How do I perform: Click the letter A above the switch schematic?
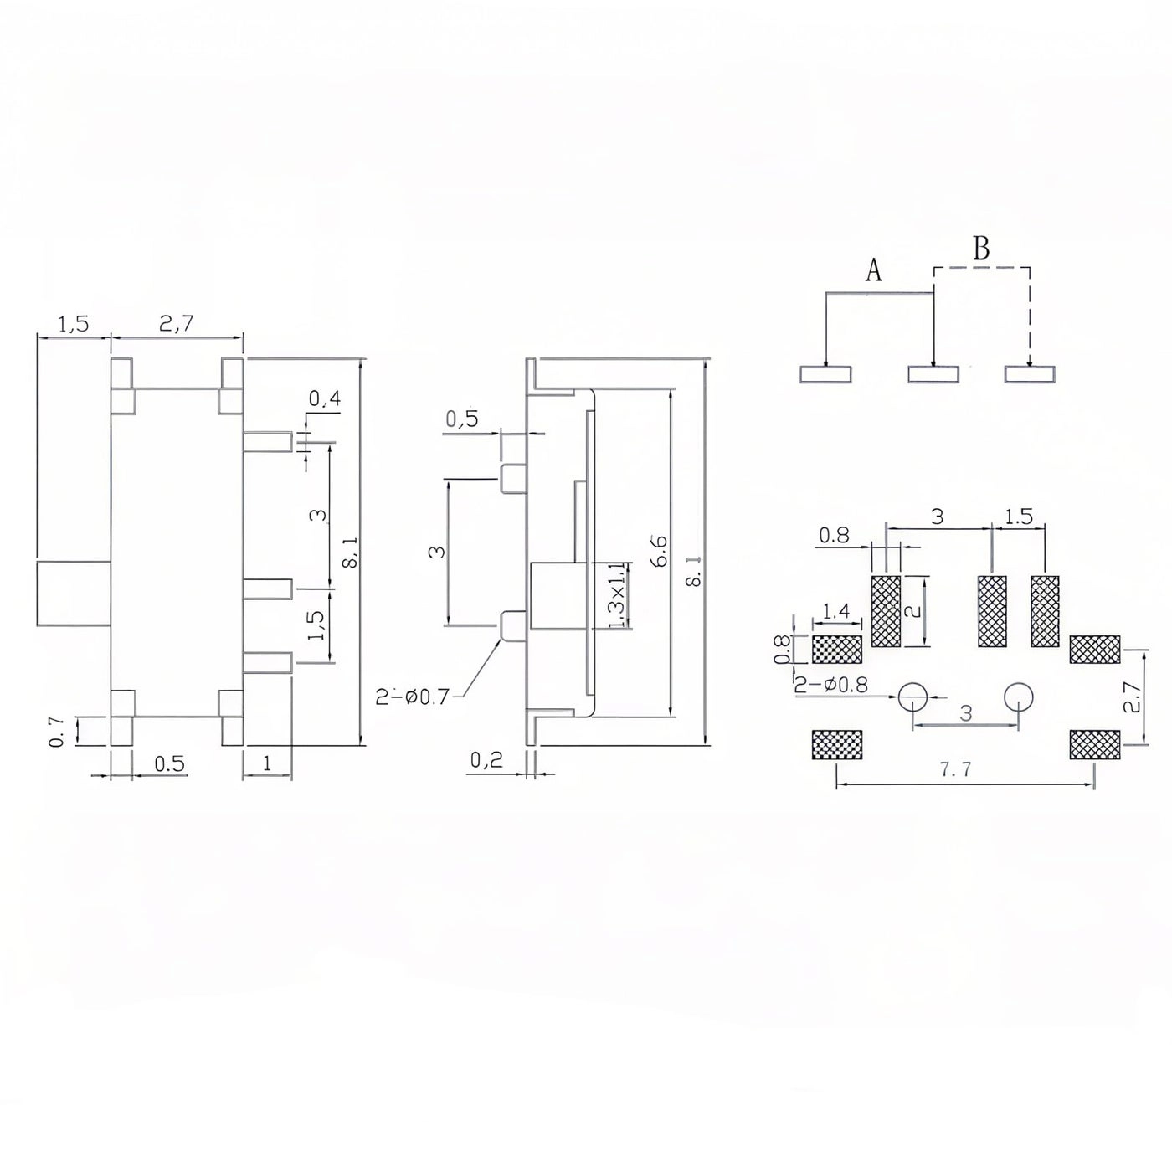[x=873, y=270]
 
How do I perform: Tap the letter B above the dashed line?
[x=981, y=249]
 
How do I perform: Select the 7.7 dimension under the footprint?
[x=955, y=770]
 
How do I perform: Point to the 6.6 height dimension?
[x=659, y=552]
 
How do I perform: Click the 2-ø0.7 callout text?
[x=413, y=695]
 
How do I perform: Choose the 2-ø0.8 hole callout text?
[x=831, y=685]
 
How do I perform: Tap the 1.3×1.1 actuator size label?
[x=616, y=595]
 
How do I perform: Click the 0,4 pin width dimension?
[x=325, y=400]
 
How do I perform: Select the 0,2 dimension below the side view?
[x=486, y=760]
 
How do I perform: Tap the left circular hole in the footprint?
[x=912, y=697]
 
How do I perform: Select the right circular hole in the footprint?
[x=1019, y=697]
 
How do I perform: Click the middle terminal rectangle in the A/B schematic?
[x=933, y=374]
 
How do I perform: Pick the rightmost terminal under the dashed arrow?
[x=1030, y=374]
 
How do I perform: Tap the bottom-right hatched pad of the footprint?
[x=1094, y=744]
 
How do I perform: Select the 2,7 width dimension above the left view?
[x=177, y=323]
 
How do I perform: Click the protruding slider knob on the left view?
[x=74, y=594]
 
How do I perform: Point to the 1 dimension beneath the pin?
[x=267, y=763]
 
